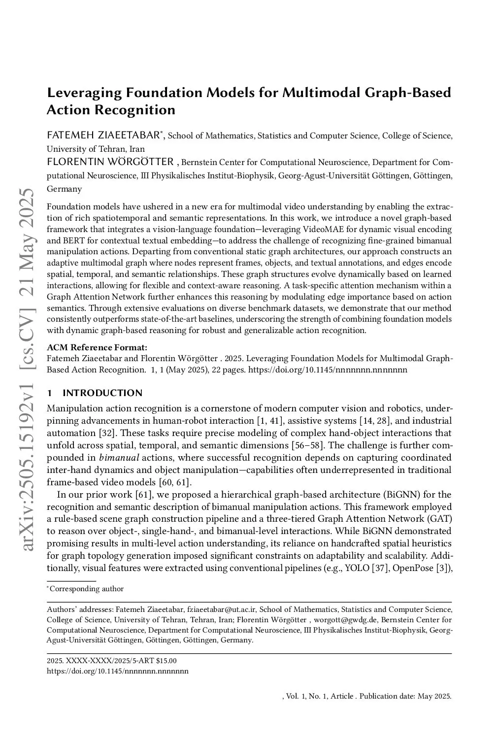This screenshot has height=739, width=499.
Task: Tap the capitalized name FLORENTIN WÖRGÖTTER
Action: point(110,162)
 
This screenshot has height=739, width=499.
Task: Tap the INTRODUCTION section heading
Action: point(102,393)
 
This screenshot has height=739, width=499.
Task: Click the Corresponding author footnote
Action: point(86,589)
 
